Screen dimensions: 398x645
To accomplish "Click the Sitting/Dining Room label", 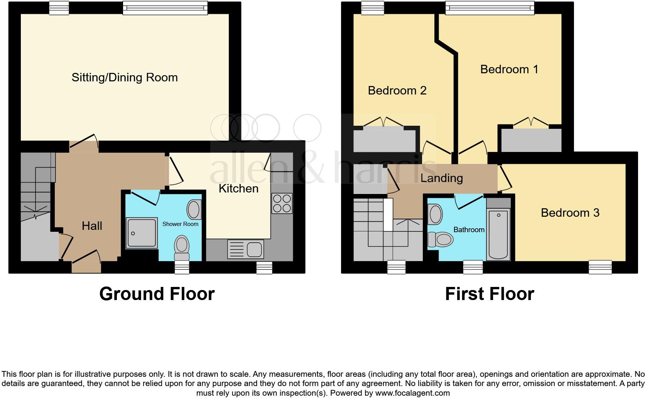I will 125,78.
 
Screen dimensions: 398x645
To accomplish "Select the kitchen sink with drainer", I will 245,249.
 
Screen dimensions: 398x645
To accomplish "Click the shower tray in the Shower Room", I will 142,233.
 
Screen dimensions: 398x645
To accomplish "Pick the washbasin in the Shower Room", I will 194,209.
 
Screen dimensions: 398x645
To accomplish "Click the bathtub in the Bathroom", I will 498,234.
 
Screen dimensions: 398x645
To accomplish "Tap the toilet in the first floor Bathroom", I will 440,239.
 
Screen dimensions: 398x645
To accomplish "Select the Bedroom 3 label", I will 570,213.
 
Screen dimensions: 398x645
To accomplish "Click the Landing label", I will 441,178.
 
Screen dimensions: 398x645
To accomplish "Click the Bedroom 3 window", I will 600,267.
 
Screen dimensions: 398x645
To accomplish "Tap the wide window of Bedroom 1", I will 490,8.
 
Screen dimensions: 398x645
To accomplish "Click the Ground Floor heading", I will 157,294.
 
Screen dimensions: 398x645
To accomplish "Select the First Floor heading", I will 489,294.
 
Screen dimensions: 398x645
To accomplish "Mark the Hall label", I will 92,226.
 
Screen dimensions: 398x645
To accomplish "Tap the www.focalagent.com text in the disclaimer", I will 412,393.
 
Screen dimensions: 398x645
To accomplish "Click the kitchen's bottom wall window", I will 264,267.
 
